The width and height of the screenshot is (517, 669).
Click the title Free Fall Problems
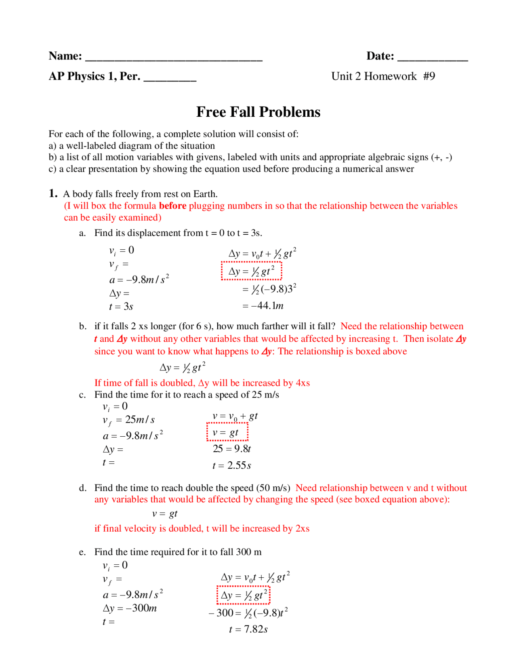[x=258, y=112]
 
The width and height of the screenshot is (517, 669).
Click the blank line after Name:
[x=174, y=57]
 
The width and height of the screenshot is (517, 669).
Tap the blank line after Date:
[x=432, y=57]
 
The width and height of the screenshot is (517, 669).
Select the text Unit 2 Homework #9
[x=383, y=76]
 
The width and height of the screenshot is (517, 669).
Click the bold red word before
[x=172, y=206]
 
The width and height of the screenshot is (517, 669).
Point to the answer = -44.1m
[x=263, y=306]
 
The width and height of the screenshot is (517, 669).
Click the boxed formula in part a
[x=251, y=271]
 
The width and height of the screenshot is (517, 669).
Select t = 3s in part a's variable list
[x=121, y=307]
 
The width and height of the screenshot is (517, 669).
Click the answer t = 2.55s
[x=232, y=465]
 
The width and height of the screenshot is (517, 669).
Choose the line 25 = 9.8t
[x=232, y=449]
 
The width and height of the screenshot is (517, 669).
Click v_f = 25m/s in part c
[x=128, y=420]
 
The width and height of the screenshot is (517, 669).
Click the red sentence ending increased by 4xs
[x=202, y=383]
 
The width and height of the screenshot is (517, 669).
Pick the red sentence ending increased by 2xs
[x=202, y=528]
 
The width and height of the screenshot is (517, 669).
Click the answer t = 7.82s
[x=248, y=629]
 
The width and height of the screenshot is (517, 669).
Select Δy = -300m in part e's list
[x=130, y=608]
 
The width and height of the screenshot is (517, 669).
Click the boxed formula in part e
[x=243, y=595]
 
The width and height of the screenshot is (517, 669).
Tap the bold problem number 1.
[x=53, y=194]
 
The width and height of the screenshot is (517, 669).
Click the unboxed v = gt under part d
[x=165, y=514]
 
